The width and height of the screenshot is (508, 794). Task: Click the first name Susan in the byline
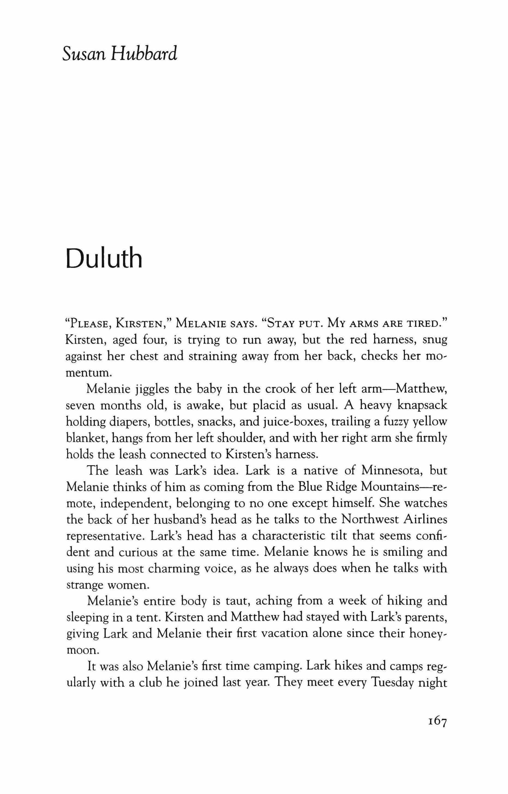[83, 54]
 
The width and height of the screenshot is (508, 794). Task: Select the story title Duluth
[104, 259]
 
